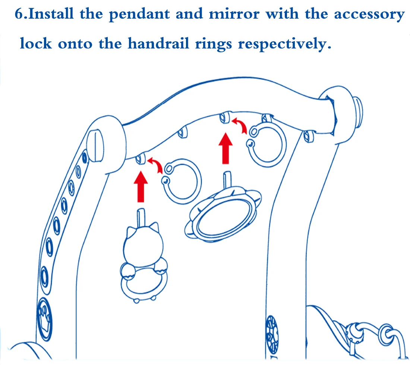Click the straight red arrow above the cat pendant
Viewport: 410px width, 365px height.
(141, 186)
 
